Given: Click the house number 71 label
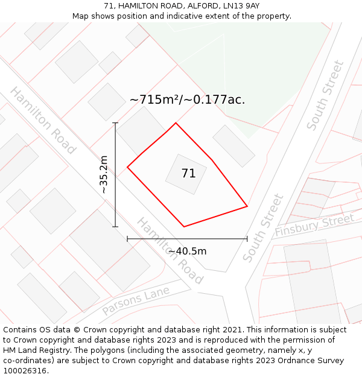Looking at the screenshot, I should (188, 174).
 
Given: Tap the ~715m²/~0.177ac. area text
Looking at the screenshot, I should (187, 100).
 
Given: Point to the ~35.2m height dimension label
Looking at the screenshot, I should (104, 175).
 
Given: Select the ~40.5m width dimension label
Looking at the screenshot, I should (187, 251).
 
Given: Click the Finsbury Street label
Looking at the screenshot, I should (314, 226).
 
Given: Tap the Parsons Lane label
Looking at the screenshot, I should (136, 300).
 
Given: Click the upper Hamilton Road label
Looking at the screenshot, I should (43, 121).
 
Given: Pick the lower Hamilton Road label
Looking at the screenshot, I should (170, 250).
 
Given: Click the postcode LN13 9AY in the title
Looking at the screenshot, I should (241, 6).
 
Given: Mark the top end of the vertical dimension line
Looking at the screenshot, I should (115, 123).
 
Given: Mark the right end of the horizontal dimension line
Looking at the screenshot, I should (247, 239).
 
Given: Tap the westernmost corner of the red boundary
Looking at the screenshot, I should (127, 167).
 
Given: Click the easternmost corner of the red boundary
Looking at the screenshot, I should (247, 206).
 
